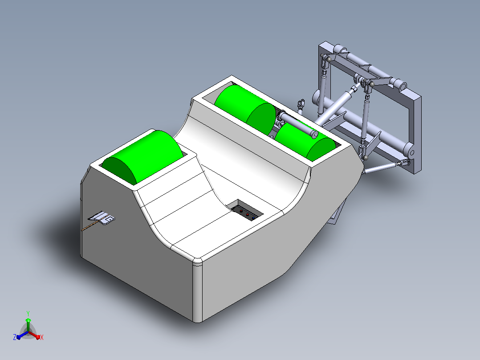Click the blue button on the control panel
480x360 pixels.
[253, 218]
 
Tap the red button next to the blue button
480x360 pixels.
[248, 215]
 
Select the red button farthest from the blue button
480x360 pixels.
[241, 211]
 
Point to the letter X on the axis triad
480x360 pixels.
[42, 337]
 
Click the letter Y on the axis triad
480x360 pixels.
[28, 313]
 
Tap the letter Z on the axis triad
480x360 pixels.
[15, 337]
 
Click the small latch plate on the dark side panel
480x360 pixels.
[102, 218]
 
